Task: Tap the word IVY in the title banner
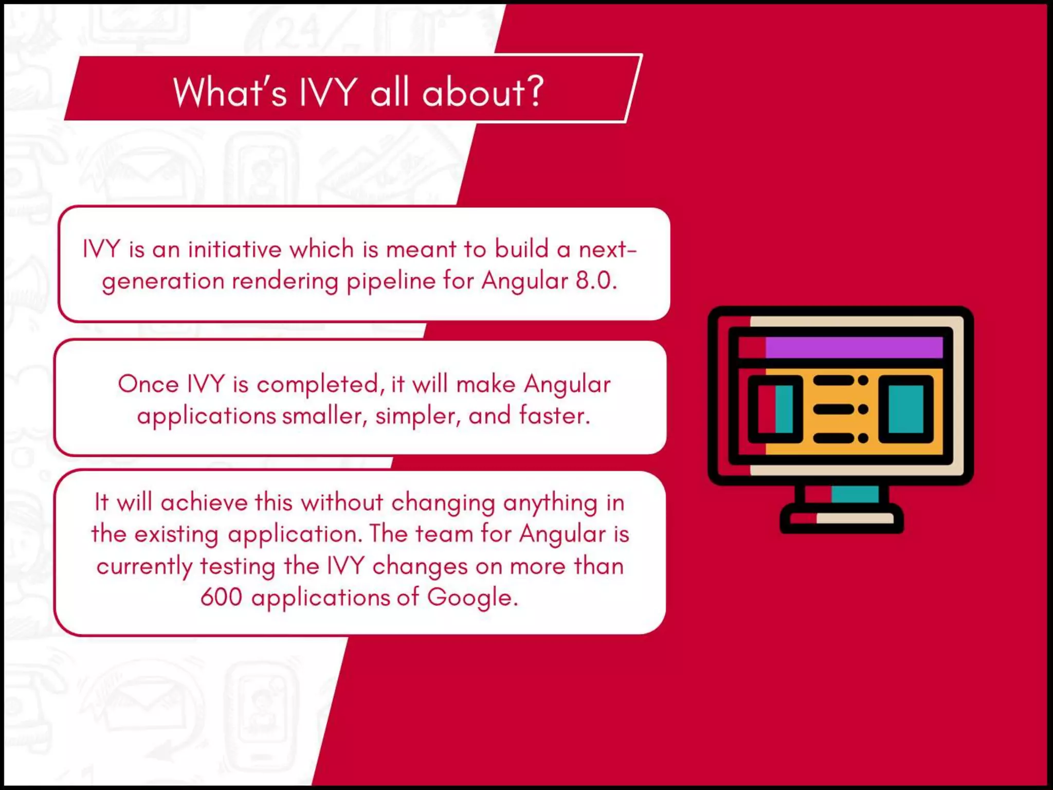(328, 93)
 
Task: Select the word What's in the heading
(230, 93)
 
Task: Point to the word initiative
(234, 250)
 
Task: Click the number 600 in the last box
(221, 598)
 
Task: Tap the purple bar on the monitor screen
(854, 348)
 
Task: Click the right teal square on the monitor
(906, 409)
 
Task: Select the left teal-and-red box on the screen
(775, 409)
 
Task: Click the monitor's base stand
(842, 518)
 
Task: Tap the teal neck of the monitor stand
(855, 494)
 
